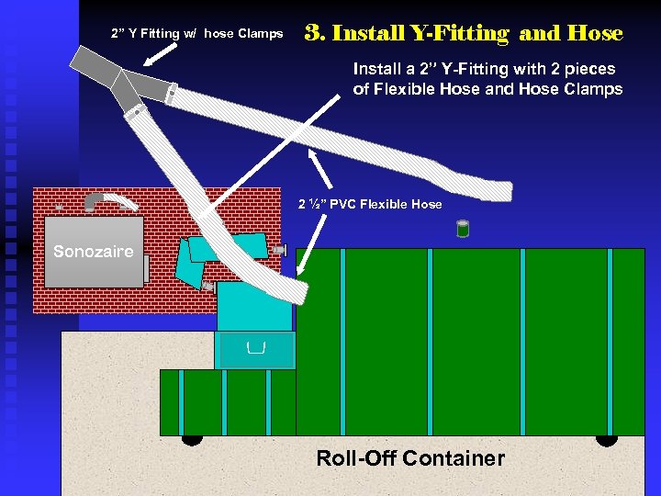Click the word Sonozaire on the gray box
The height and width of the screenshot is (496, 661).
coord(93,252)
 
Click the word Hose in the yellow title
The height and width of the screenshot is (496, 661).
coord(595,34)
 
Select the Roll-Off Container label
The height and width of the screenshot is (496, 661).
coord(410,458)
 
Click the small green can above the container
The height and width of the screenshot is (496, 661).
coord(463,229)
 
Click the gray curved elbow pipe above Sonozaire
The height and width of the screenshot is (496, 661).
coord(100,199)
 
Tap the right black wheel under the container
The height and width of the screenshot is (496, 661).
coord(607,439)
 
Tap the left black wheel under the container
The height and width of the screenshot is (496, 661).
coord(191,439)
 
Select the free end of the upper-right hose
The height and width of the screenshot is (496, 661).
coord(499,191)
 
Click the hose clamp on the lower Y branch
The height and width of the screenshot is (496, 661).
coord(137,113)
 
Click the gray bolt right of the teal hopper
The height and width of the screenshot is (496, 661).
coord(279,249)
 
